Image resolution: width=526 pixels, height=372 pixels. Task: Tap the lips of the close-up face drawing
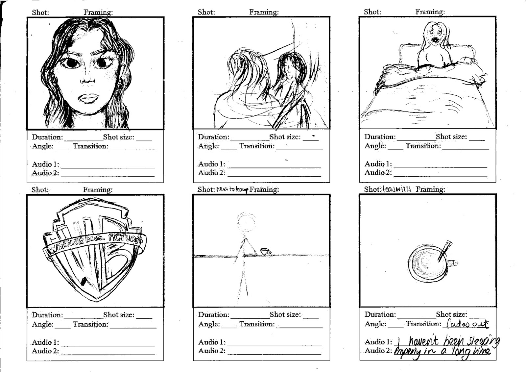click(x=88, y=98)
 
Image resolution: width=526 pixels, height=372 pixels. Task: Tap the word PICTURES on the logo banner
click(x=127, y=238)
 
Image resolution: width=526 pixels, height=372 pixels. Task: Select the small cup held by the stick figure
click(x=265, y=252)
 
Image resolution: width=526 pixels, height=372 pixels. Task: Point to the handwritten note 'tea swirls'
click(x=396, y=189)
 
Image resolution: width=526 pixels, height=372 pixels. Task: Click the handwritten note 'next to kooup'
click(x=232, y=190)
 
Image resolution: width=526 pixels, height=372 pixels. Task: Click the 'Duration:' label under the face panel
click(x=47, y=137)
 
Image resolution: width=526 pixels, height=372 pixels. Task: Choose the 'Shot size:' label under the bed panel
click(x=451, y=136)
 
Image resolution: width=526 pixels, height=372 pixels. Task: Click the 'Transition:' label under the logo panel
click(x=90, y=324)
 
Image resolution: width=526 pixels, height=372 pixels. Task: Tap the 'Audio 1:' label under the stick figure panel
click(x=212, y=342)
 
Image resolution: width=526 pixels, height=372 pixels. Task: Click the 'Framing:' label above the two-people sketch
click(x=264, y=12)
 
